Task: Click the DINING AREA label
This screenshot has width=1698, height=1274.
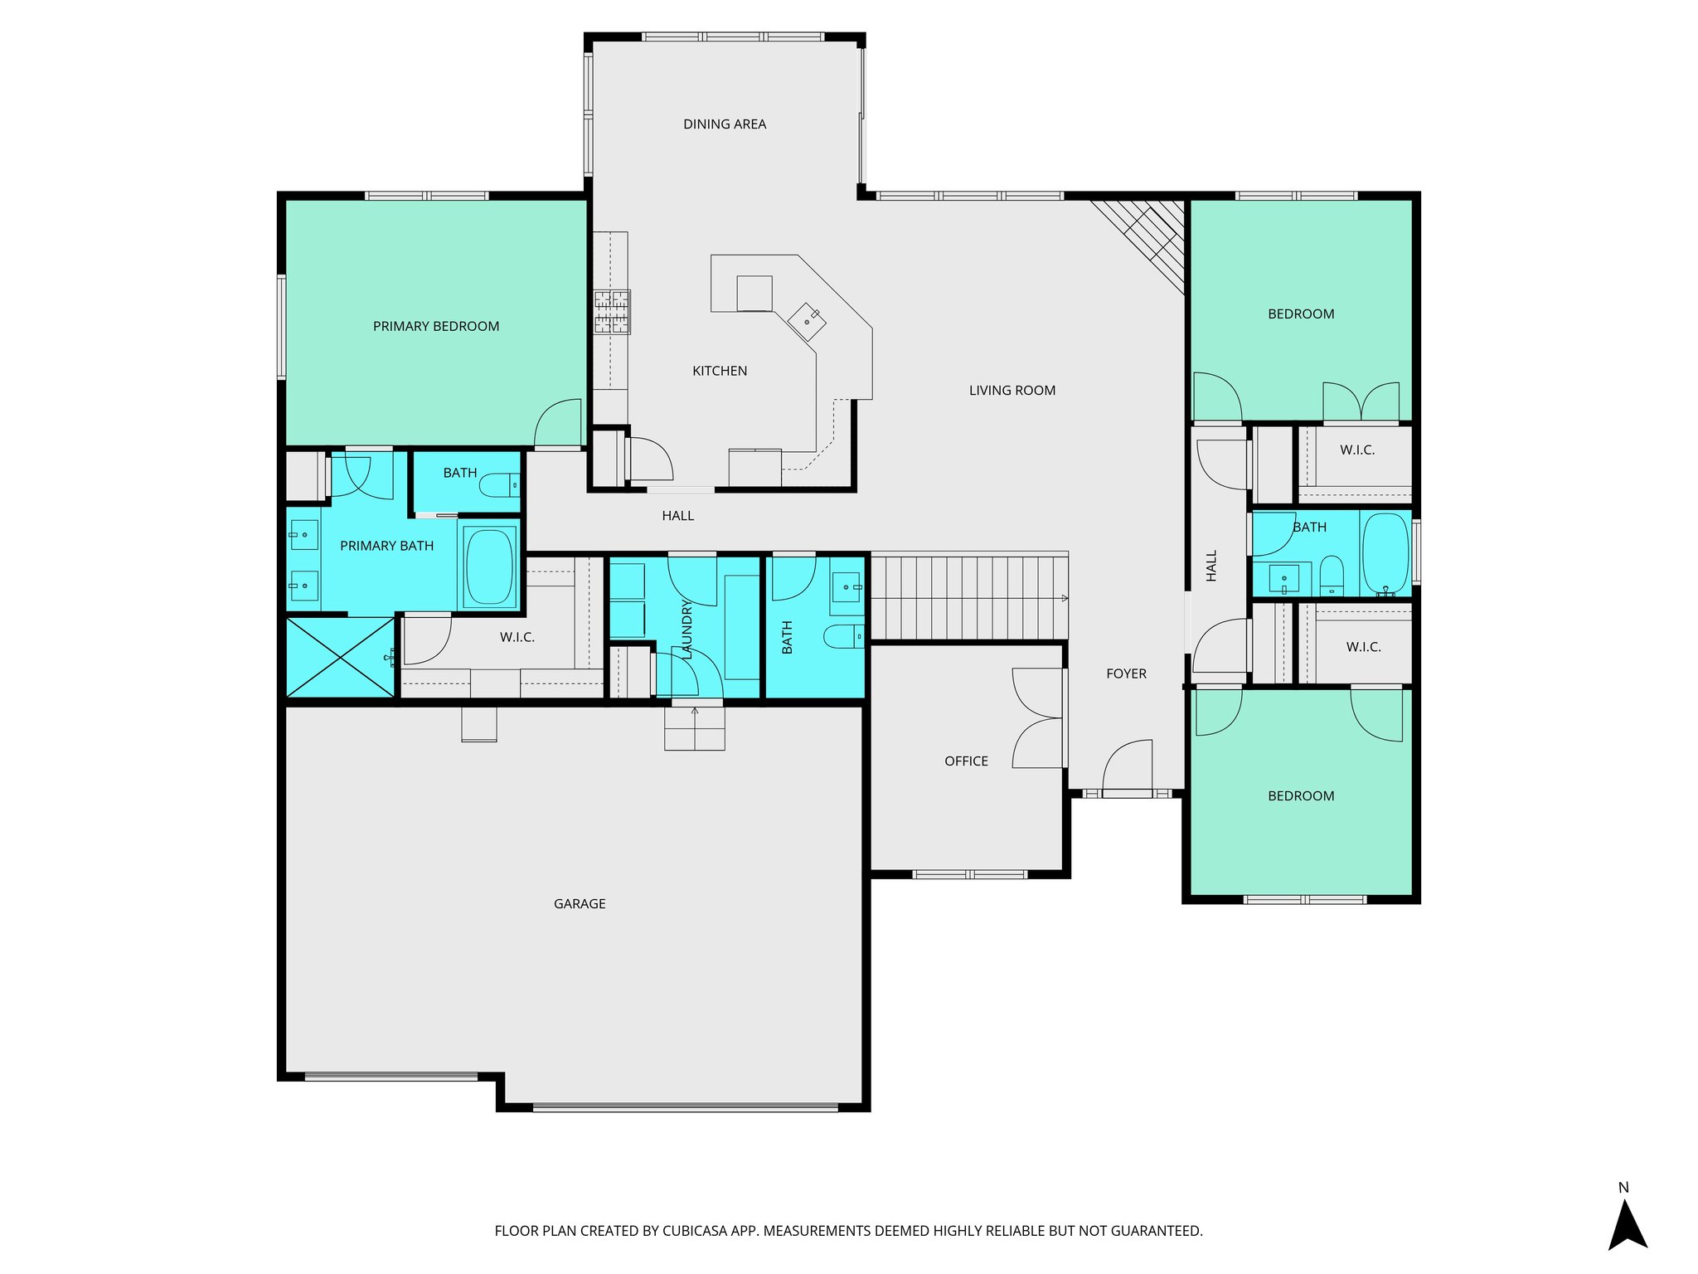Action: pyautogui.click(x=725, y=124)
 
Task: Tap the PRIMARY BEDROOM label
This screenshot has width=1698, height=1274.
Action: pyautogui.click(x=436, y=327)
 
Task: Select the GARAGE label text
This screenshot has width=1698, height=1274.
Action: pyautogui.click(x=580, y=904)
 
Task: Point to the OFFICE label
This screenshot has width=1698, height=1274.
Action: pyautogui.click(x=966, y=761)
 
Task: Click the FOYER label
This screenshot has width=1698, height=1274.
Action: pyautogui.click(x=1126, y=674)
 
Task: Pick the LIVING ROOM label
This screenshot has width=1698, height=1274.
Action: pyautogui.click(x=1012, y=391)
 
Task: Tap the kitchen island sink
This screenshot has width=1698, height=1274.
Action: pyautogui.click(x=807, y=321)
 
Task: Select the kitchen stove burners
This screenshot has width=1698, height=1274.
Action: pyautogui.click(x=612, y=312)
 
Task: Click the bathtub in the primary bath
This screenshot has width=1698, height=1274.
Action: pyautogui.click(x=489, y=566)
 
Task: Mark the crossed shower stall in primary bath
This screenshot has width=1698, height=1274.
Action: pyautogui.click(x=340, y=657)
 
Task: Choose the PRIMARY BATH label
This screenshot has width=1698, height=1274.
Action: pyautogui.click(x=387, y=547)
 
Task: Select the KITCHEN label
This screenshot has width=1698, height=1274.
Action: pyautogui.click(x=720, y=372)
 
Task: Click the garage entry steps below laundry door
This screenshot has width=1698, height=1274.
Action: pyautogui.click(x=695, y=728)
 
